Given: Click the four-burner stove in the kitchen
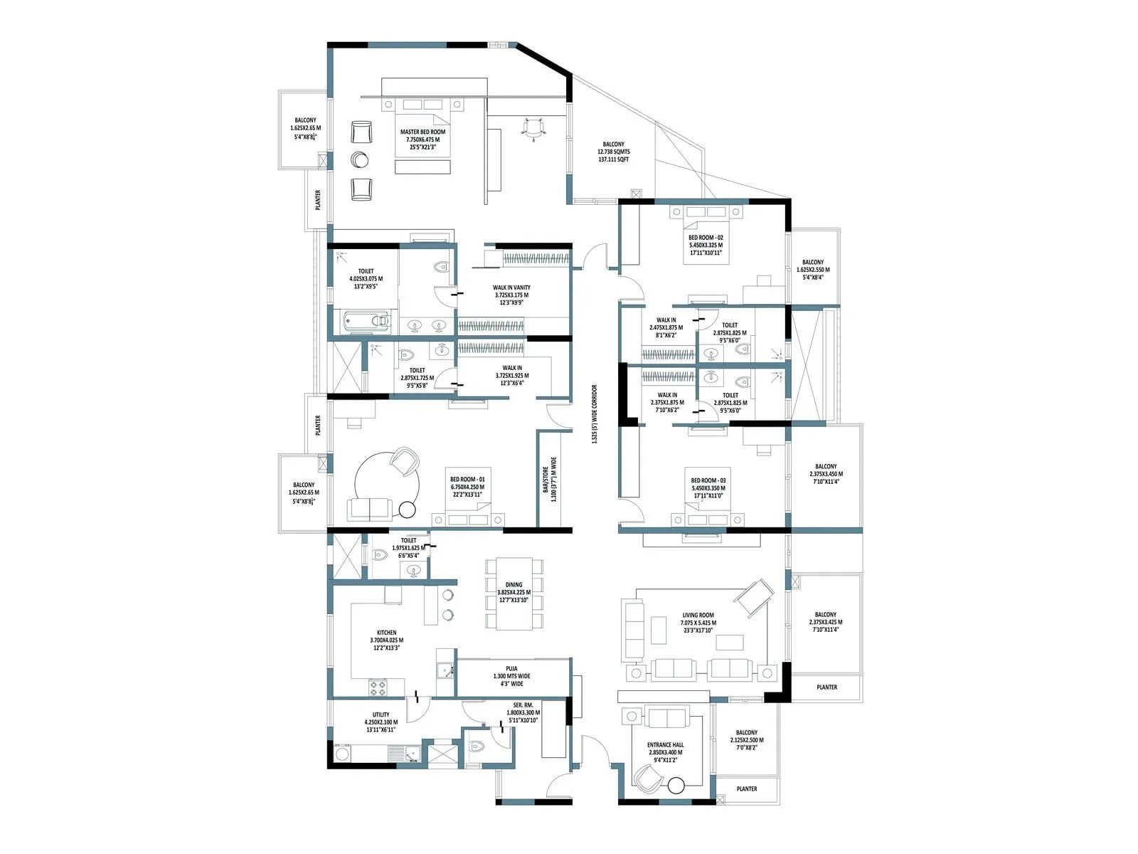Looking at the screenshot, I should (x=378, y=688).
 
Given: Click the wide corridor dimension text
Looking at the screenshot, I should (x=595, y=415).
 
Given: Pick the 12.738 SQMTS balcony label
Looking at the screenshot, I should (x=613, y=152).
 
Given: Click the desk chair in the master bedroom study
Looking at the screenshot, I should (x=533, y=128).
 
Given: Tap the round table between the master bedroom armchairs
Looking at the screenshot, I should (x=360, y=159).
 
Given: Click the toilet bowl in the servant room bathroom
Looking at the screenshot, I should (x=477, y=746).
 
